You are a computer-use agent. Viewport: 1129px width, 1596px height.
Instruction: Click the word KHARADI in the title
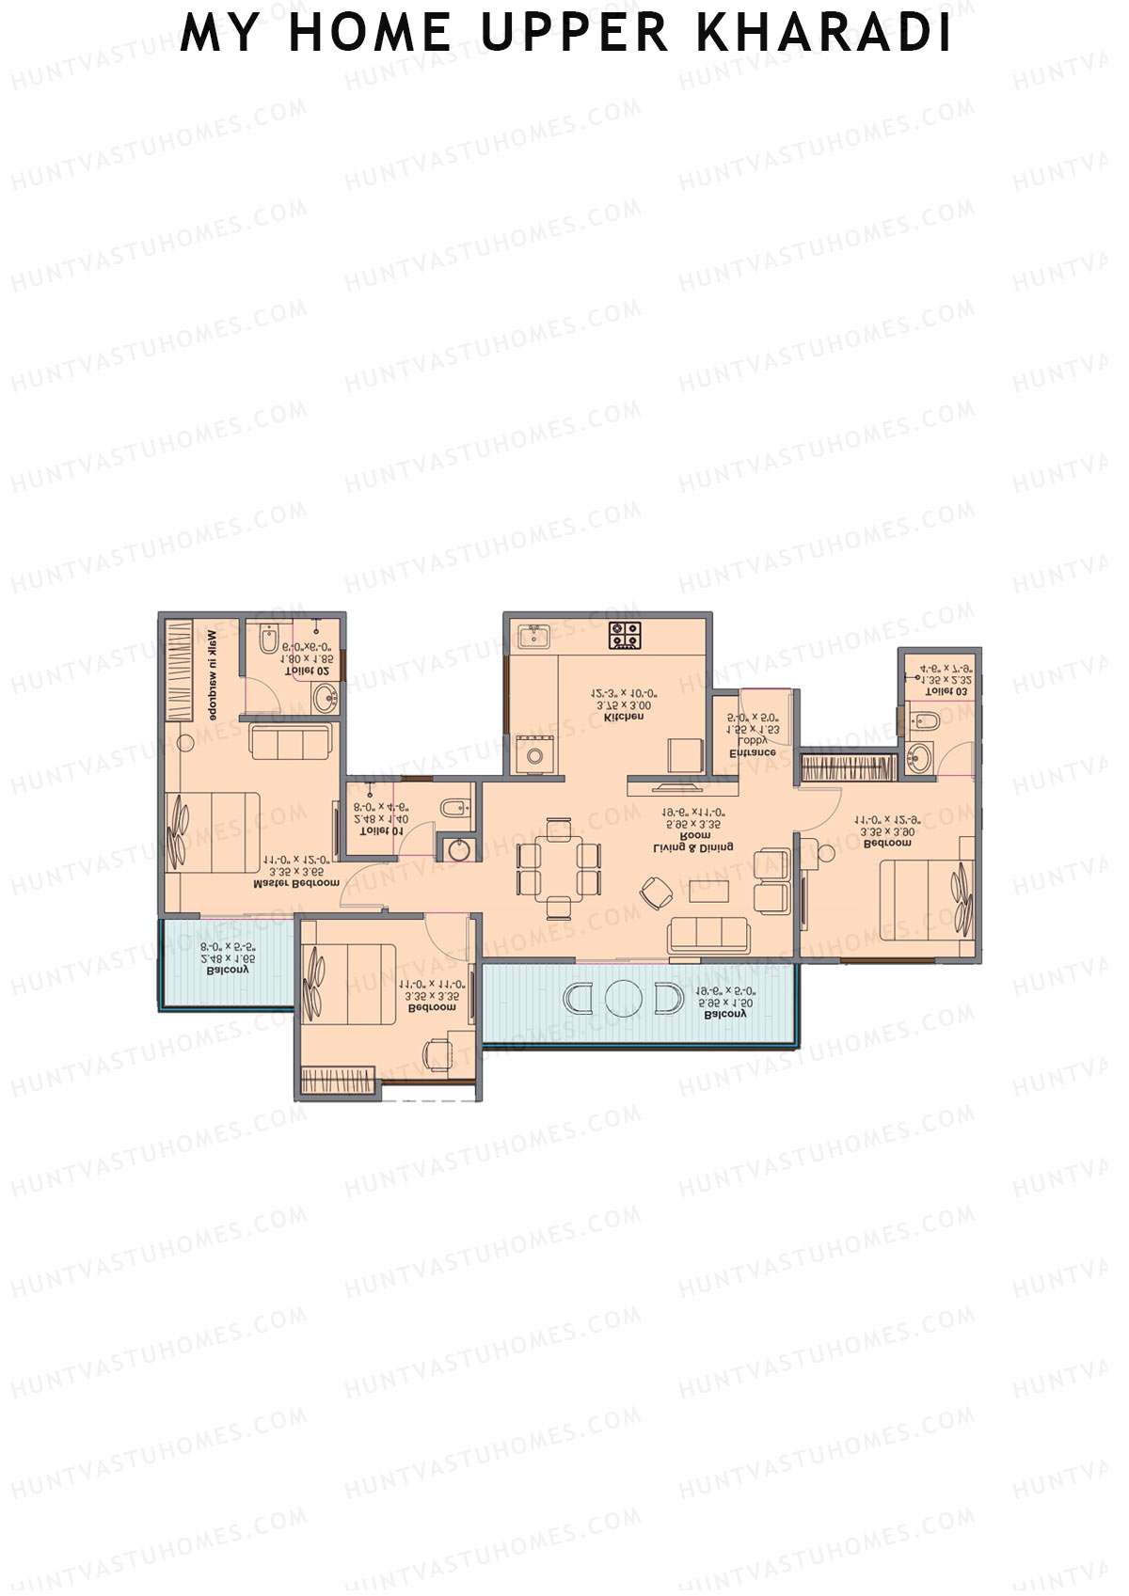click(x=824, y=33)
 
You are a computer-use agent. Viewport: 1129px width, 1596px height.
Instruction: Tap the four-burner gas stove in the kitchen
click(x=625, y=635)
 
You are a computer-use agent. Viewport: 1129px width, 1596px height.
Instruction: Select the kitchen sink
click(x=535, y=636)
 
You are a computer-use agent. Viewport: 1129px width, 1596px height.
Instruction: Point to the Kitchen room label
click(x=624, y=718)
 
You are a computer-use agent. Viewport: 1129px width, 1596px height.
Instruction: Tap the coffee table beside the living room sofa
click(x=708, y=891)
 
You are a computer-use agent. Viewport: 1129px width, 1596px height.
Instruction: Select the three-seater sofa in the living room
click(x=708, y=935)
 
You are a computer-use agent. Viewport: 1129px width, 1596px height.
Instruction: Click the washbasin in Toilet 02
click(x=326, y=697)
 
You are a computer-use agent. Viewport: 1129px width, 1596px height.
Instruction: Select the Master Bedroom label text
click(x=296, y=884)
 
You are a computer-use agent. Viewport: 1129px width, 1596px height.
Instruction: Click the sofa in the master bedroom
click(x=291, y=741)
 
